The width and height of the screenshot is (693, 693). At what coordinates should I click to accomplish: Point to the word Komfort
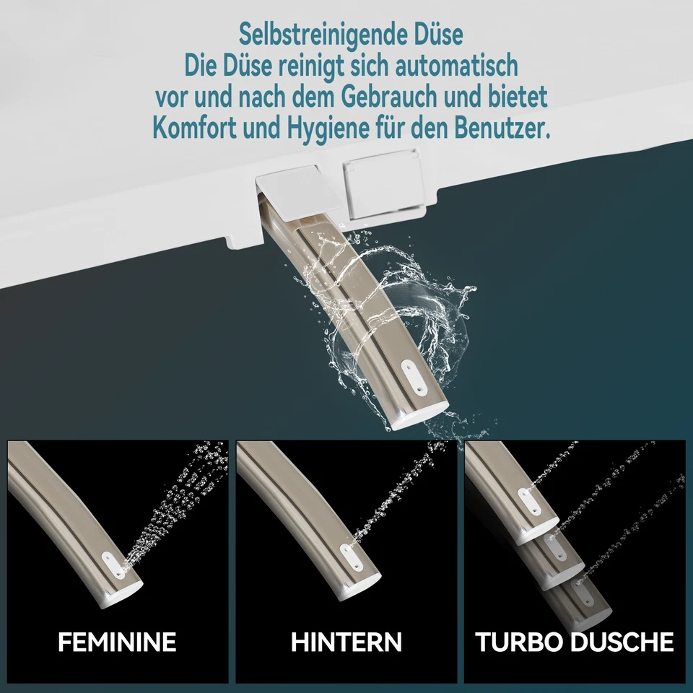tap(199, 128)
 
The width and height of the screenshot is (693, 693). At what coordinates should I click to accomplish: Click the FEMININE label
tap(117, 641)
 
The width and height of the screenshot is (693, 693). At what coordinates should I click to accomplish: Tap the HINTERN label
tap(346, 641)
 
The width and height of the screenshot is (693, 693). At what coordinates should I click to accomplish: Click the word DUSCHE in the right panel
tap(624, 641)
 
